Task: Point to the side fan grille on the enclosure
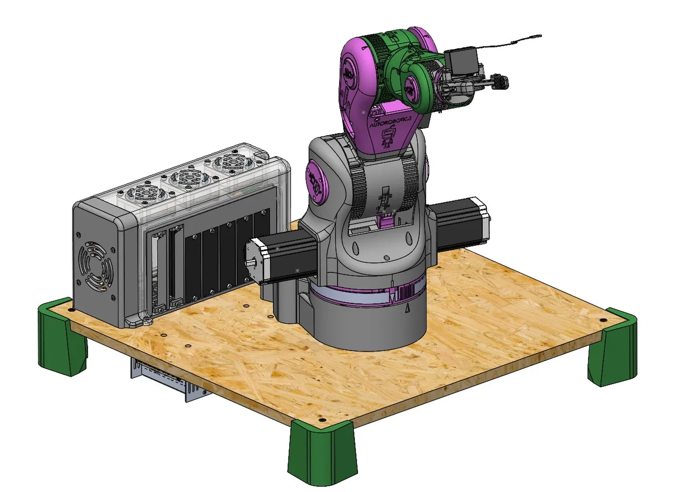coord(94,266)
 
